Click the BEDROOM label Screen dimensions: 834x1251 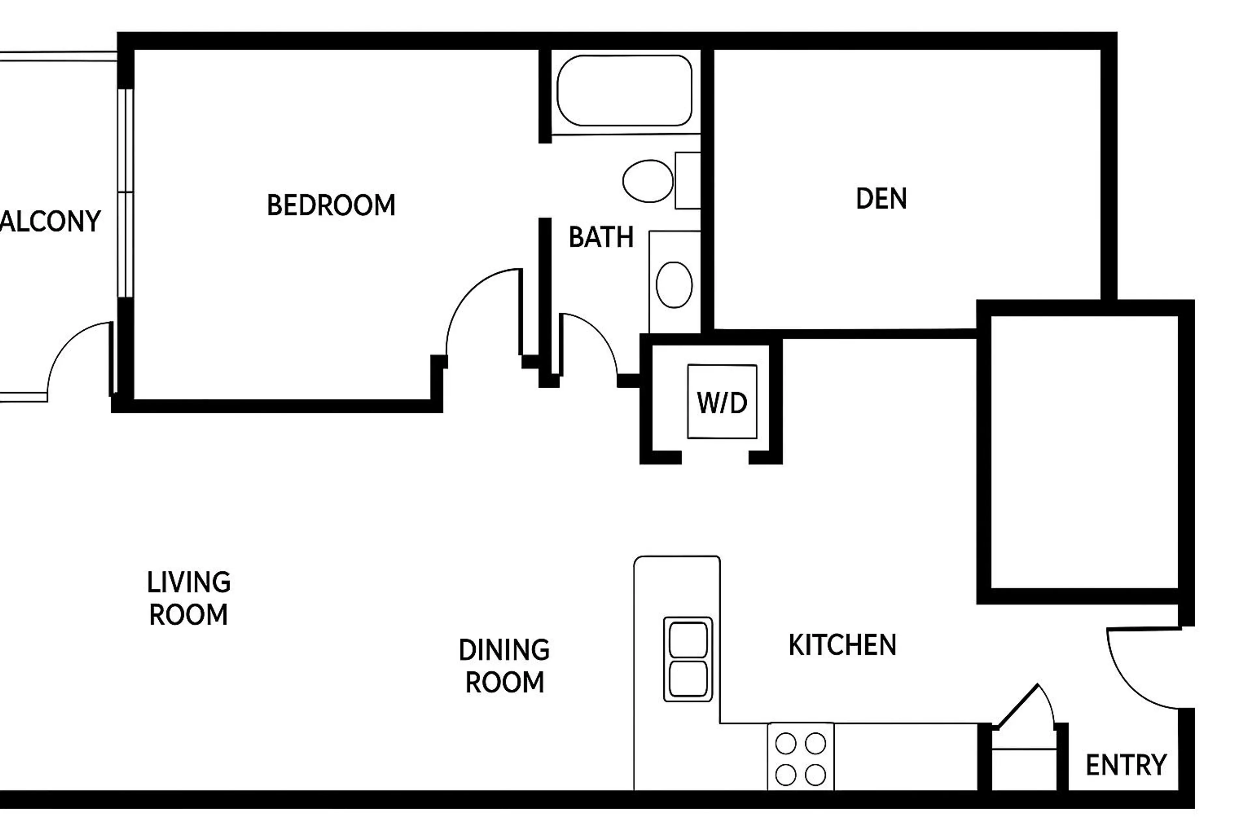331,205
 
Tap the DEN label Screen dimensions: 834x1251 881,199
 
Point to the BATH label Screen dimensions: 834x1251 601,237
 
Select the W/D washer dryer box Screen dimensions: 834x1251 722,402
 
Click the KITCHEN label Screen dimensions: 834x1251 842,645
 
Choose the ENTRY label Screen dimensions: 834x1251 1126,765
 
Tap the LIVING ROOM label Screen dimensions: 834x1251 189,598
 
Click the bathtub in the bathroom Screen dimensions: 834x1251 625,91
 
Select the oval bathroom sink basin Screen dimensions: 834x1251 674,284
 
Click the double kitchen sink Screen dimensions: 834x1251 688,659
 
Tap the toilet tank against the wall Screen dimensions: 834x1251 688,181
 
